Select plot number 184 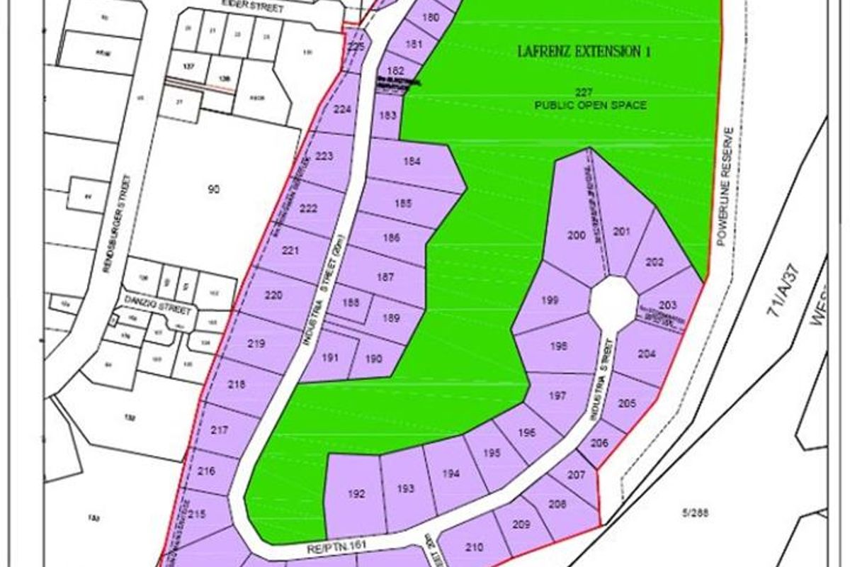click(x=412, y=162)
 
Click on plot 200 click(x=577, y=235)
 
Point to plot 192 click(x=357, y=494)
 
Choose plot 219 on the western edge click(x=257, y=344)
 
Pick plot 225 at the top click(x=356, y=47)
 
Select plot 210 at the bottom click(x=475, y=547)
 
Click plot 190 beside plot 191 click(x=374, y=359)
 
